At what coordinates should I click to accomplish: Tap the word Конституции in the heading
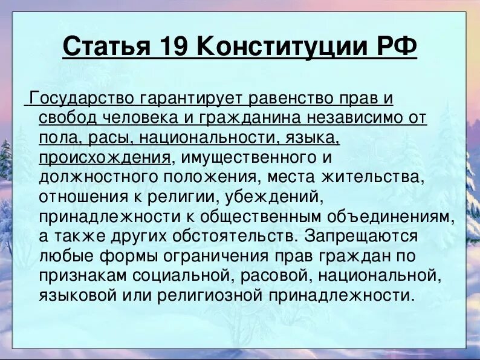click(x=284, y=47)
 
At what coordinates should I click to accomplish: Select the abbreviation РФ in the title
click(x=395, y=47)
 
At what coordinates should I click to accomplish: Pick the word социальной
click(x=181, y=276)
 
